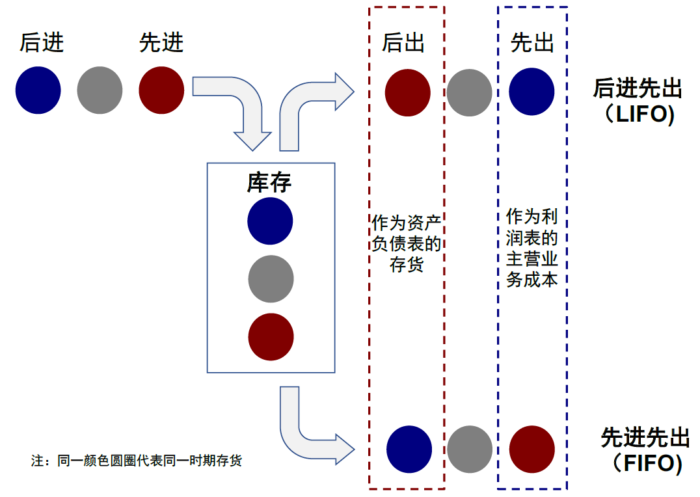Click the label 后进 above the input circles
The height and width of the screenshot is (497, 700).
(x=42, y=43)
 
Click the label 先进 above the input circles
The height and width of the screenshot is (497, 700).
(x=161, y=43)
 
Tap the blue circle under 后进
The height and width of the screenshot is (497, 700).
(x=38, y=90)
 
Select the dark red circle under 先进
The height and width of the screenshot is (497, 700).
(x=161, y=90)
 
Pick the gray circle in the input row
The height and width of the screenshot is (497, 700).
(x=100, y=90)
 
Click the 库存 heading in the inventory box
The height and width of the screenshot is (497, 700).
(x=269, y=183)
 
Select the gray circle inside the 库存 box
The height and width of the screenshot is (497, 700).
(x=271, y=279)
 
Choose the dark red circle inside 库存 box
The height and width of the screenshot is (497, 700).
(x=271, y=337)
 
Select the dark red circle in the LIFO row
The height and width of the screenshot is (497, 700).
(x=407, y=92)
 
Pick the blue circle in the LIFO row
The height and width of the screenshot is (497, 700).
(x=532, y=92)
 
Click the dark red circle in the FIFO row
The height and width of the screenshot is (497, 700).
(x=532, y=449)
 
